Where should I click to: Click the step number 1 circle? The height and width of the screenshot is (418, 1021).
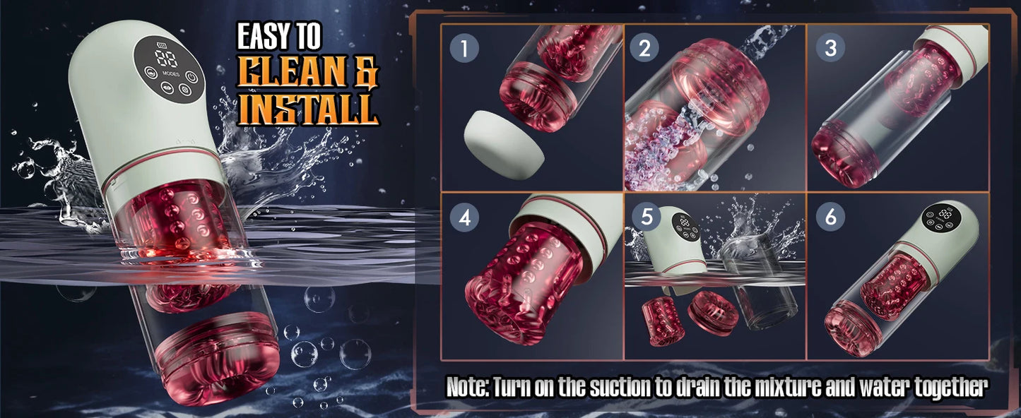tap(464, 49)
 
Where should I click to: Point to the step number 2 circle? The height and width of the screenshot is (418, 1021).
tap(644, 49)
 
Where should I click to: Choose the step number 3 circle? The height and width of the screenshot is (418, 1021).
tap(830, 49)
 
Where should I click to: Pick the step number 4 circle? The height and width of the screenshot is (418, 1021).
tap(464, 217)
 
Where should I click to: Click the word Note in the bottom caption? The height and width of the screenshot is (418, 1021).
tap(467, 387)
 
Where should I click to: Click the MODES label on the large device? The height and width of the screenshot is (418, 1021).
tap(170, 73)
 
